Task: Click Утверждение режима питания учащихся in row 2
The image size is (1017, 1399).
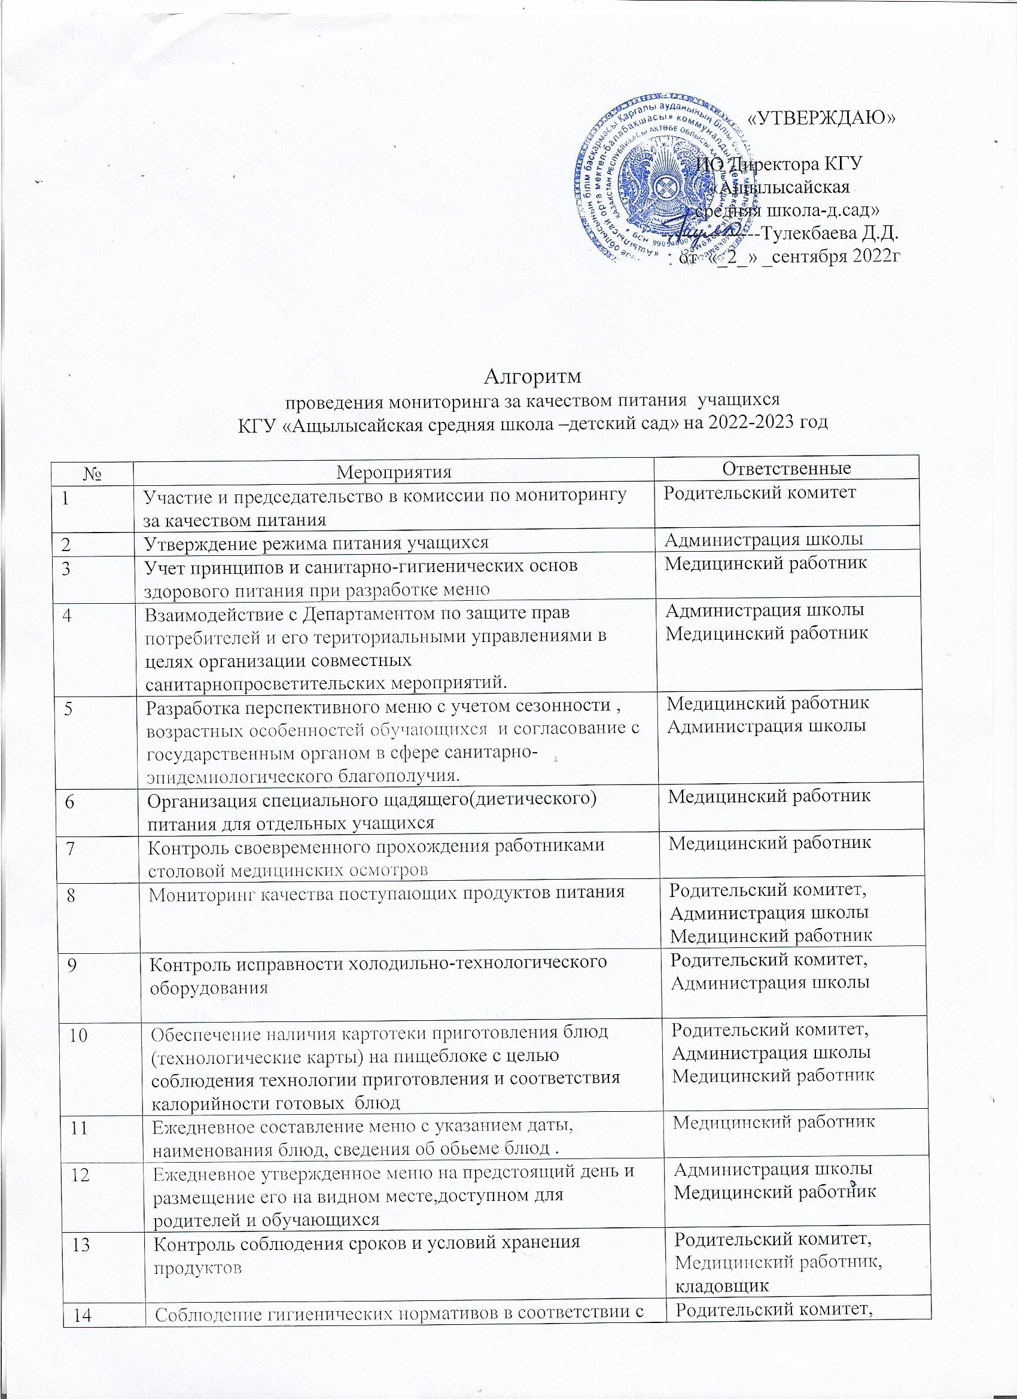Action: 316,543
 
